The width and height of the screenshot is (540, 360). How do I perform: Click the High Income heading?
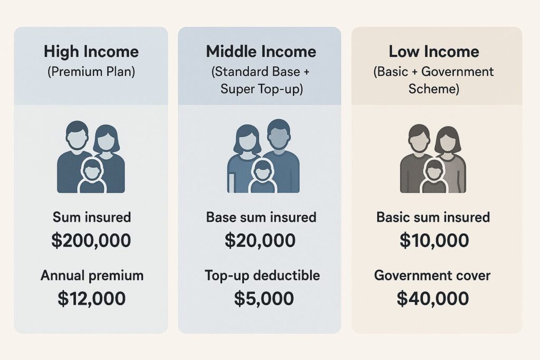[91, 52]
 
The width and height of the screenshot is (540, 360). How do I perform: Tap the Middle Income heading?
[261, 52]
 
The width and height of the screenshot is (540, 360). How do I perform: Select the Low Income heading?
[434, 52]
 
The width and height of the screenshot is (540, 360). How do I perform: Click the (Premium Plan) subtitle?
[91, 71]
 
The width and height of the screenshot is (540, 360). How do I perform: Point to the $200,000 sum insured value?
[91, 240]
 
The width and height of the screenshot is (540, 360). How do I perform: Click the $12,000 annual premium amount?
[91, 298]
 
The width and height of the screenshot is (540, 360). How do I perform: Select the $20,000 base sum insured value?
[260, 240]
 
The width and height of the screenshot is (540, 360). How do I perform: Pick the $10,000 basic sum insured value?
[433, 240]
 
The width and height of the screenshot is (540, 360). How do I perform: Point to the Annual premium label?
[91, 275]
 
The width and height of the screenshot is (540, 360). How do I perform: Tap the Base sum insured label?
[261, 217]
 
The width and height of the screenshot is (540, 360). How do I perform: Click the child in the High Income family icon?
[92, 177]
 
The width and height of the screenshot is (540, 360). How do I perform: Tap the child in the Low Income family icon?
[433, 177]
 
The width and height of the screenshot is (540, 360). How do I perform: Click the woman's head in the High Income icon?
[107, 139]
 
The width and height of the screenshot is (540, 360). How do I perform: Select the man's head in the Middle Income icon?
[278, 133]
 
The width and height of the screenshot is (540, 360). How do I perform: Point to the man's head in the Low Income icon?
[419, 137]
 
